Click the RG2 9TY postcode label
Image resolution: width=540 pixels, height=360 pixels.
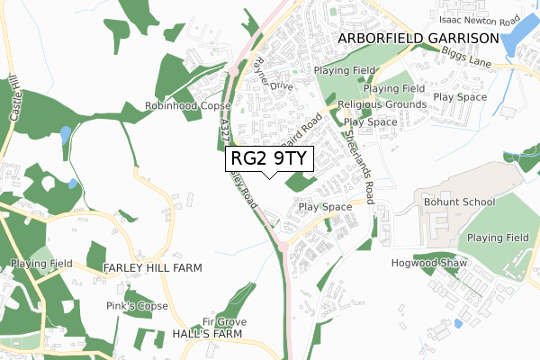[269, 158]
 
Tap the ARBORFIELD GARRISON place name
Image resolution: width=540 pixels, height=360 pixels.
[418, 38]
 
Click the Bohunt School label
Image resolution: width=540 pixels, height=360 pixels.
[459, 202]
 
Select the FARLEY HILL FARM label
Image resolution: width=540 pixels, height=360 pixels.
[152, 268]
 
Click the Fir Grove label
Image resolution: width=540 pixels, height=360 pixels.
[224, 321]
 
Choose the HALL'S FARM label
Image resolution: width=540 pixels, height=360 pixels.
[208, 333]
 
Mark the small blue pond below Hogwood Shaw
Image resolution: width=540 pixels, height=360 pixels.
[458, 323]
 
